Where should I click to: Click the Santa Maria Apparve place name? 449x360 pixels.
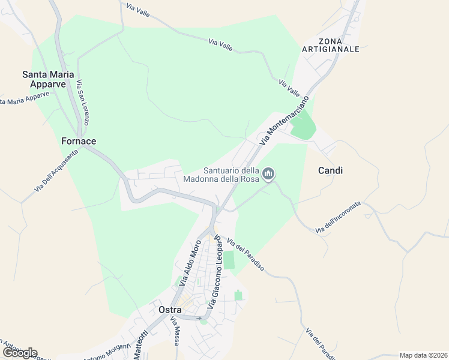[48, 79]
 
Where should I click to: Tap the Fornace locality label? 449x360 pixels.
[79, 141]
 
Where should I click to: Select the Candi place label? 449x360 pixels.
[330, 170]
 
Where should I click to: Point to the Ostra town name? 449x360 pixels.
[170, 310]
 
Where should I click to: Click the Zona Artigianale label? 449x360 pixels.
[331, 44]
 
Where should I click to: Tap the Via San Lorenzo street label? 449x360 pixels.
[83, 103]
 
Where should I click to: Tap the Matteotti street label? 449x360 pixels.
[140, 346]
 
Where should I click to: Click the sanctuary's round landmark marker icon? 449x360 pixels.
[268, 175]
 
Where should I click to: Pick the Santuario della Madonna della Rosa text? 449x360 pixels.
[231, 175]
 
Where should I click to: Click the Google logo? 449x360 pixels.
[20, 352]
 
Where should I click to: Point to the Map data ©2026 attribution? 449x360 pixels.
[424, 355]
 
